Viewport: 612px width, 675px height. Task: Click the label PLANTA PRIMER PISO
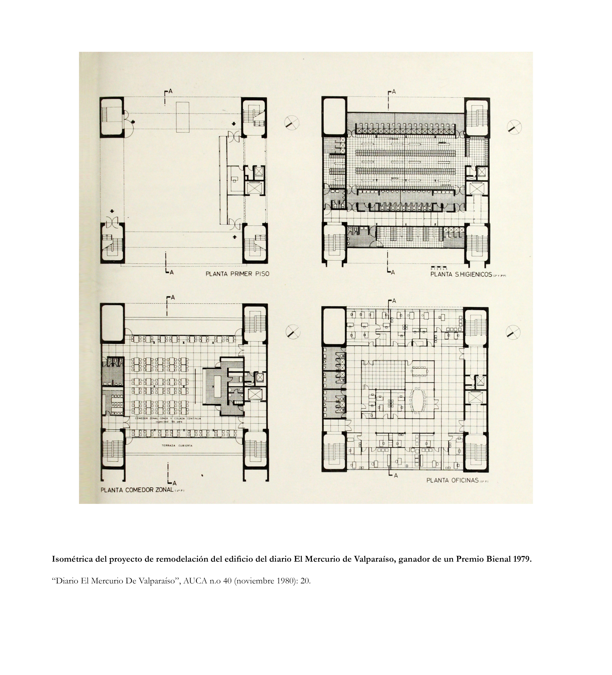coord(237,274)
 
